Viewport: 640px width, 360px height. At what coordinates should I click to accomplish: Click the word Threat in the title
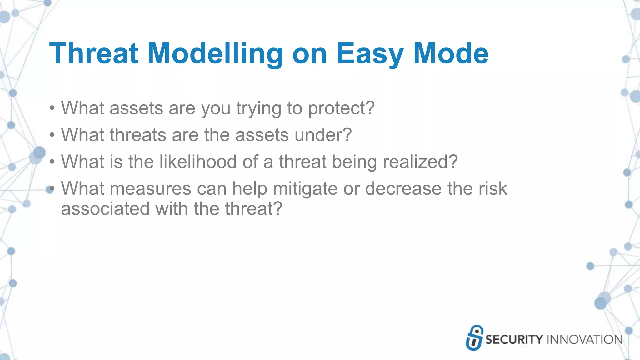click(x=94, y=54)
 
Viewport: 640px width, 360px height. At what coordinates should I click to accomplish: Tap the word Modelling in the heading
click(x=215, y=54)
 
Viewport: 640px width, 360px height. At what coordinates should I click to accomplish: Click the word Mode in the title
click(x=451, y=54)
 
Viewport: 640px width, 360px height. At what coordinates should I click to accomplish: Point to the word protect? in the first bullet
click(x=341, y=108)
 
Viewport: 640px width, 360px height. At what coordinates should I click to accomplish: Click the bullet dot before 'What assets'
click(x=52, y=109)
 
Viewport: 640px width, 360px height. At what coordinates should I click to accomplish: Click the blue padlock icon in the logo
click(x=474, y=338)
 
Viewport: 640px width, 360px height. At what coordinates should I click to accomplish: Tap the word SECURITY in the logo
click(x=514, y=340)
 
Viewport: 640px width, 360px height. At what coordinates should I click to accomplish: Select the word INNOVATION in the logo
click(x=585, y=340)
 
